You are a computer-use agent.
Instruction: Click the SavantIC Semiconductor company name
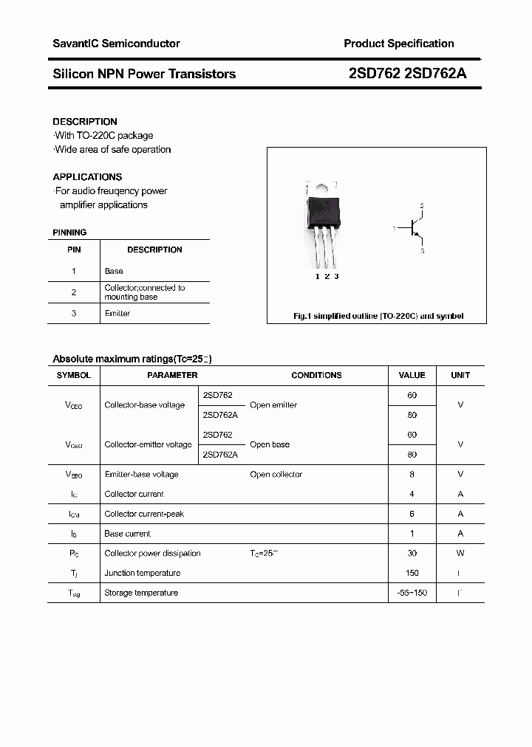116,44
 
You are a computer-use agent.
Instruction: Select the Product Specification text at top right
398,44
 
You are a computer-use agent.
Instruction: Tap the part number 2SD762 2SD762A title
407,74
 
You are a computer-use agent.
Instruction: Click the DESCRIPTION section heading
85,121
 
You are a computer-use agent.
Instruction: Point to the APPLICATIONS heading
87,177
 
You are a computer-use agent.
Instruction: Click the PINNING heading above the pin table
69,233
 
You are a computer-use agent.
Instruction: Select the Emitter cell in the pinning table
117,314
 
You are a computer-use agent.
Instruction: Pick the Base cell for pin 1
114,271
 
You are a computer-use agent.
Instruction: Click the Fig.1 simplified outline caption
378,316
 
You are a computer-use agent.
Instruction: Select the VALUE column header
412,375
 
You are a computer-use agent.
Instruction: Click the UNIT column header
460,375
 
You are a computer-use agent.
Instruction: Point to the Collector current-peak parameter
144,514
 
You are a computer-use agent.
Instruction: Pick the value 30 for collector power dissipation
412,553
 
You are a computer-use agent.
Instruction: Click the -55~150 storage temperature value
412,593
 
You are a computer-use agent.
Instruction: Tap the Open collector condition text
276,475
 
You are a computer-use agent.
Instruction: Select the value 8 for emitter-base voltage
412,475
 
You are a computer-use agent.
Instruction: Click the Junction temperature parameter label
142,573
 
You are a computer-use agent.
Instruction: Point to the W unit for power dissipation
460,553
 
